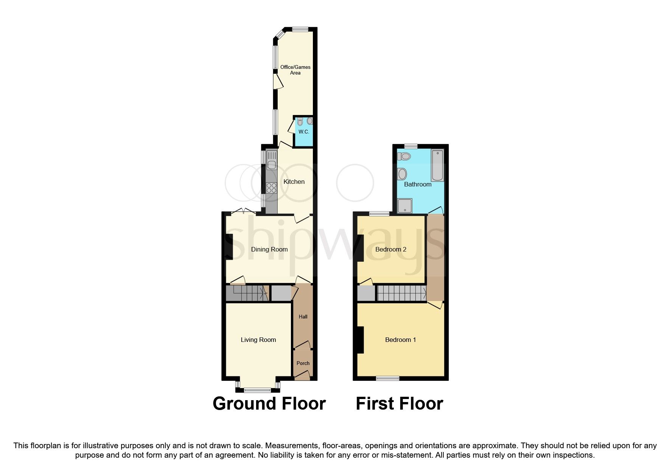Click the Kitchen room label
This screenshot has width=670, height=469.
tap(294, 182)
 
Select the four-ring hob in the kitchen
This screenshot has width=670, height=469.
tap(271, 188)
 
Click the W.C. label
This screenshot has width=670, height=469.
tap(304, 132)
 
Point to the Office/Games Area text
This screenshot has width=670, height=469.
tap(295, 70)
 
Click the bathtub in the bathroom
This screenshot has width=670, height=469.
tap(438, 165)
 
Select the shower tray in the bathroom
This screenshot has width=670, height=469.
tap(404, 205)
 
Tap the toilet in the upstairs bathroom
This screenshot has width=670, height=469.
tap(404, 156)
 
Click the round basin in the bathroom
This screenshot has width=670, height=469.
tap(402, 174)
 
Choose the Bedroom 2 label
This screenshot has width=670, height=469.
tap(390, 249)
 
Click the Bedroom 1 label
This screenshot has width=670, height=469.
tap(400, 340)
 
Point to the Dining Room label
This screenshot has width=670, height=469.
tap(269, 249)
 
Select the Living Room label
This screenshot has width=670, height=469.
tap(258, 340)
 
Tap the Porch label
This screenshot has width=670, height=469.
tap(303, 363)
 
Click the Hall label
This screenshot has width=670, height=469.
tap(303, 317)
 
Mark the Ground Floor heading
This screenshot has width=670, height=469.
tap(269, 404)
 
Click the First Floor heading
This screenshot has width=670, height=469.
tap(399, 404)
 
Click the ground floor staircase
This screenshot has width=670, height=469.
tap(246, 293)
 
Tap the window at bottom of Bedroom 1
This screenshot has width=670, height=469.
tap(388, 378)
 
